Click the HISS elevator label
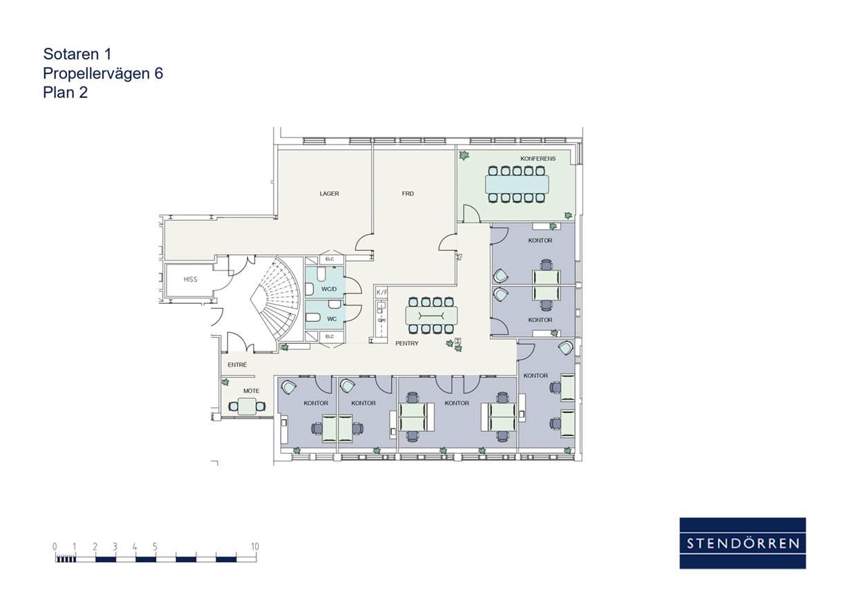(x=191, y=280)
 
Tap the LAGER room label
(x=330, y=193)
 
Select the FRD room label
(x=408, y=193)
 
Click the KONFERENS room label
(x=538, y=159)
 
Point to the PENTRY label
(x=407, y=343)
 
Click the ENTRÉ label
(x=237, y=365)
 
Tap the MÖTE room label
(x=251, y=391)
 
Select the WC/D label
(x=329, y=289)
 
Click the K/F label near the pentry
(x=381, y=292)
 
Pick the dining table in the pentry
(x=431, y=316)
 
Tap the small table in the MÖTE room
(x=247, y=406)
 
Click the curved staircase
(x=276, y=298)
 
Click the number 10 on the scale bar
(x=255, y=546)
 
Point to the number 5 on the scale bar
(x=155, y=546)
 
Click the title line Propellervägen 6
(x=103, y=73)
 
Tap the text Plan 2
(x=65, y=93)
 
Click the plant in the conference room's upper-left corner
(x=464, y=155)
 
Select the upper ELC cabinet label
(x=330, y=259)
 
